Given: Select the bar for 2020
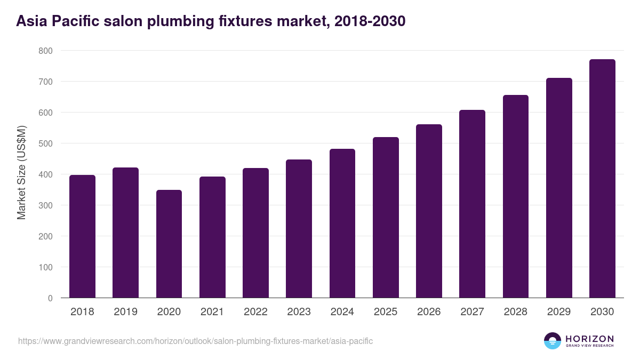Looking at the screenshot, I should click(x=169, y=244).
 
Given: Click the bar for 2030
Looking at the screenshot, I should click(x=602, y=179).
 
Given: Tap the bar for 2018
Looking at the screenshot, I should click(x=82, y=236).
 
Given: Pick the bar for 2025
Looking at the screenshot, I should click(x=386, y=218).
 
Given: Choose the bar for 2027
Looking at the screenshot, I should click(x=472, y=204).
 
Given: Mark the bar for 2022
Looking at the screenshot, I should click(x=255, y=233).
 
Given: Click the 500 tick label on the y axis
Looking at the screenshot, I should click(x=45, y=143).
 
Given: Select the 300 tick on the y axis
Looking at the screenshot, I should click(x=45, y=205).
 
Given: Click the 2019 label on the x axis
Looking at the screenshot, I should click(x=125, y=312).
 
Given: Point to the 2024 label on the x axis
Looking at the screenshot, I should click(x=342, y=312).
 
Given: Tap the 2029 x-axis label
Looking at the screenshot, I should click(x=559, y=312).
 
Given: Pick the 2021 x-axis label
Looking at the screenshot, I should click(x=212, y=312).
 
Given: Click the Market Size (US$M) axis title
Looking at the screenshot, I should click(x=21, y=172).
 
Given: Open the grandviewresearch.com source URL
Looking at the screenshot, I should click(x=195, y=341).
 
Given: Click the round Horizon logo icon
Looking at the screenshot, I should click(x=553, y=341).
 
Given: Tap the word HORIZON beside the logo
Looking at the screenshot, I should click(x=589, y=338).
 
